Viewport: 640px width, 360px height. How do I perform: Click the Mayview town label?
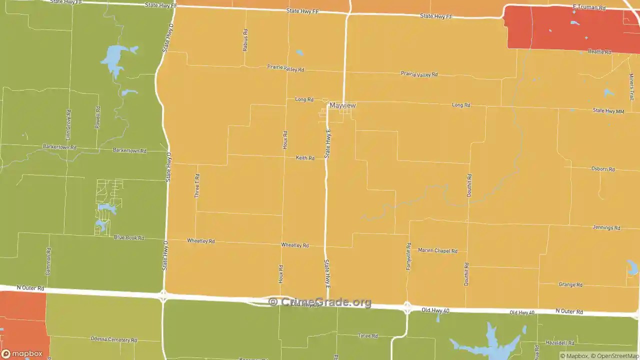pyautogui.click(x=342, y=105)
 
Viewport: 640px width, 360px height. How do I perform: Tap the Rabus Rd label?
pyautogui.click(x=245, y=40)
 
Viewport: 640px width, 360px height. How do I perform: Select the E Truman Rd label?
pyautogui.click(x=589, y=7)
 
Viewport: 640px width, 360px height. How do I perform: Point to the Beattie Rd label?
pyautogui.click(x=599, y=51)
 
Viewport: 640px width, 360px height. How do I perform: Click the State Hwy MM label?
pyautogui.click(x=608, y=111)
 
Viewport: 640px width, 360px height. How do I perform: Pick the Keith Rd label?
pyautogui.click(x=305, y=158)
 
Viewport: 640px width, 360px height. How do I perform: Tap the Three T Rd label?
pyautogui.click(x=197, y=185)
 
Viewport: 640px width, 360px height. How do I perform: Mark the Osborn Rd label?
pyautogui.click(x=603, y=169)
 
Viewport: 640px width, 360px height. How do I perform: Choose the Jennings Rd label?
pyautogui.click(x=606, y=227)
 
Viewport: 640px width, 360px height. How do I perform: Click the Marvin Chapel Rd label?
pyautogui.click(x=437, y=250)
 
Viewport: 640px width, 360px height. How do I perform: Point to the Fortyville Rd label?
pyautogui.click(x=408, y=256)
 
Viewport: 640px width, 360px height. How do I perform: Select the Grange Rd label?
pyautogui.click(x=570, y=284)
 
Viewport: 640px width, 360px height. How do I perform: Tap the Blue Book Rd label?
pyautogui.click(x=128, y=237)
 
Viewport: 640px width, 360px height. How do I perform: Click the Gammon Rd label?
pyautogui.click(x=48, y=260)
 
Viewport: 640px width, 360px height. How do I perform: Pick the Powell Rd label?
pyautogui.click(x=98, y=117)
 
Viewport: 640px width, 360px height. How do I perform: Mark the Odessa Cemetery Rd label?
pyautogui.click(x=113, y=339)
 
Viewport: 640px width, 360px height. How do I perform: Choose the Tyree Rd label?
pyautogui.click(x=367, y=336)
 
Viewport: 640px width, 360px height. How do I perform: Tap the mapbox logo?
pyautogui.click(x=22, y=353)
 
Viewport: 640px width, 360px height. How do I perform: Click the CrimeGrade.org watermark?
pyautogui.click(x=320, y=302)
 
